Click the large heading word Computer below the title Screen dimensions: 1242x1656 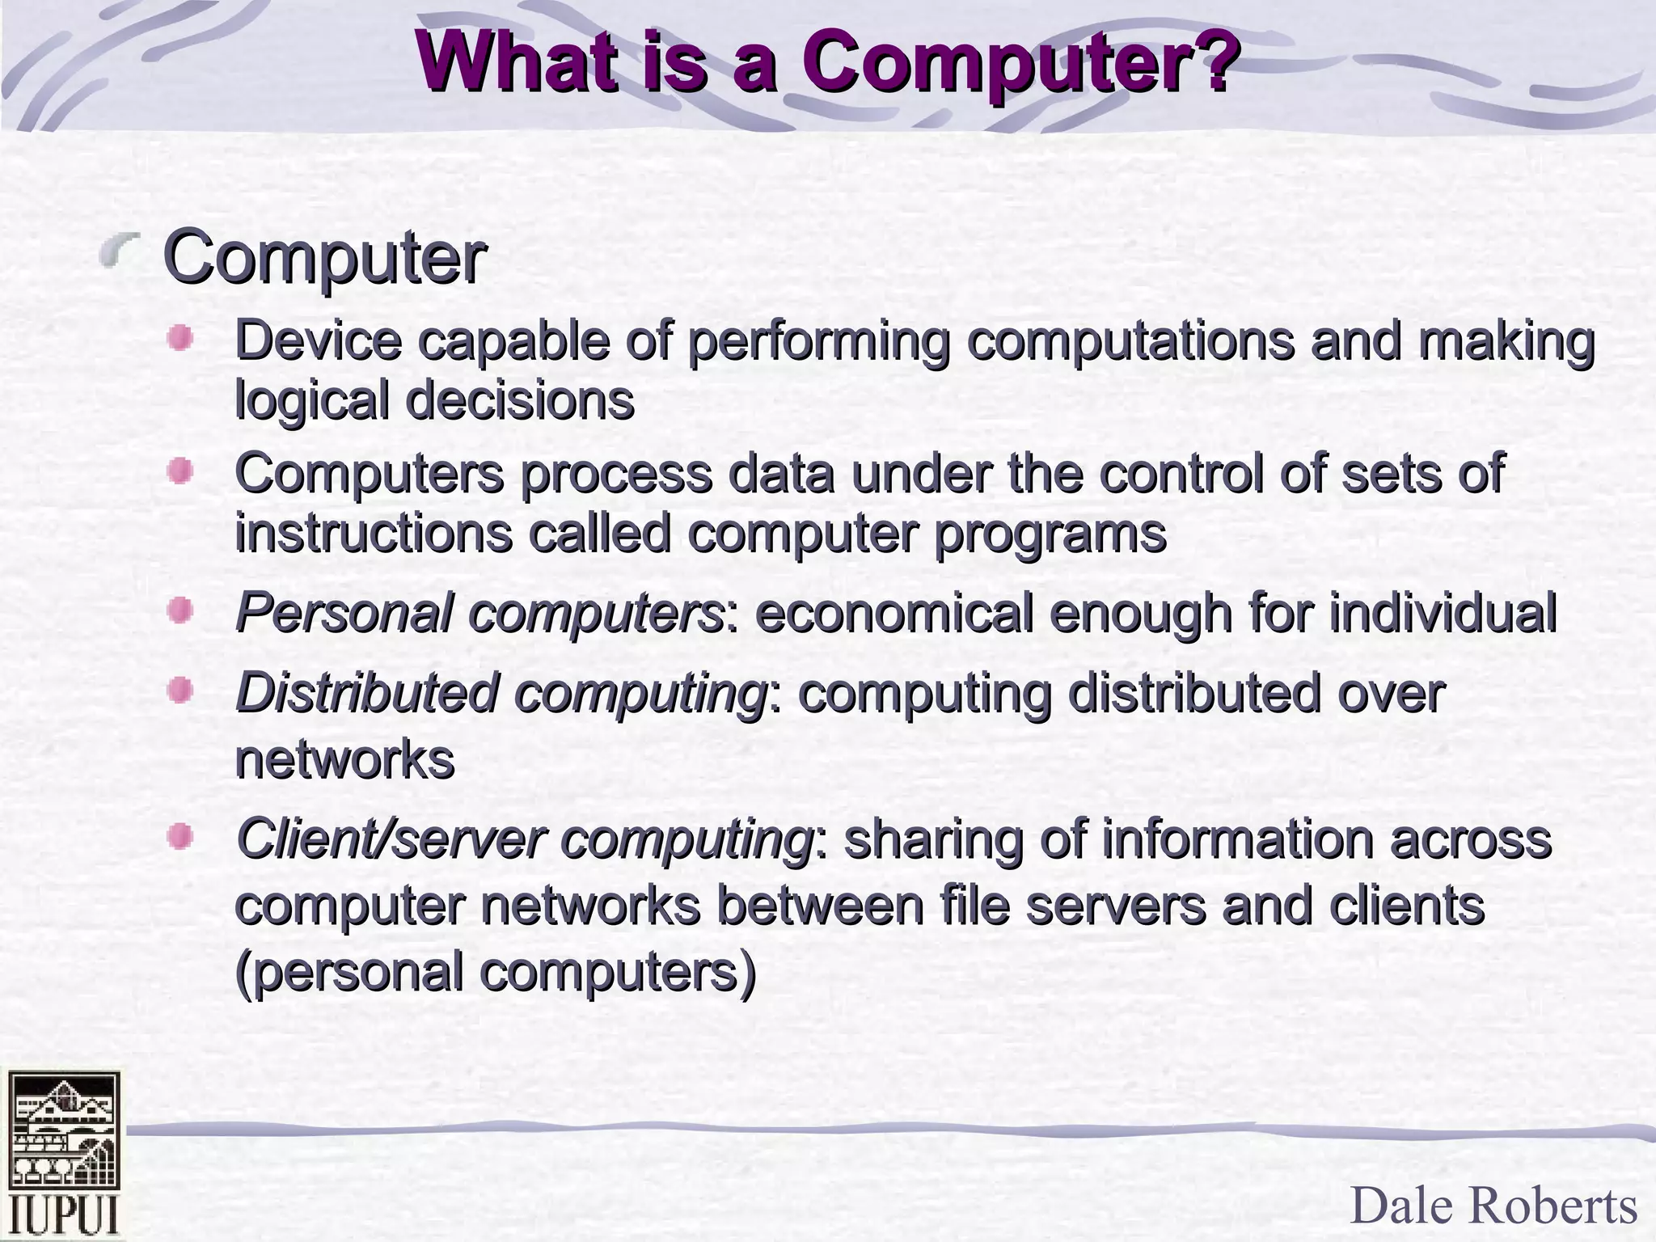324,258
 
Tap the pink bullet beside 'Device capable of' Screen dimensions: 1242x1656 180,338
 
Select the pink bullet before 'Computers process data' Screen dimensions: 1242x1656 180,471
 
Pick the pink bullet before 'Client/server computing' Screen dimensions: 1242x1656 180,836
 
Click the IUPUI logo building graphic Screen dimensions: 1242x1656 64,1132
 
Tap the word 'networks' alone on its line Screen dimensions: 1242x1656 344,759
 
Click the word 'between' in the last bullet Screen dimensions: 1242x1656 819,906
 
